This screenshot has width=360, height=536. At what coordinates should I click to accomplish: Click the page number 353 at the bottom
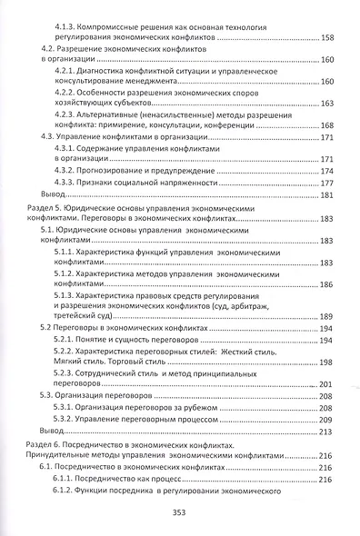pos(179,511)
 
